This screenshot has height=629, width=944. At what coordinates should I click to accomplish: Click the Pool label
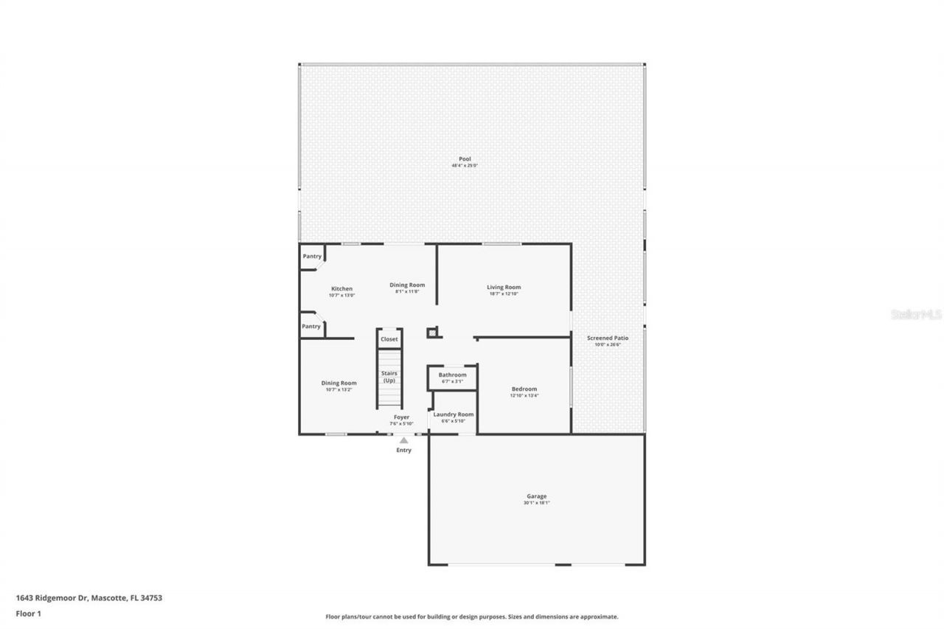465,159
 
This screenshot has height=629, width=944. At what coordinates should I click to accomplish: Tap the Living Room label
504,287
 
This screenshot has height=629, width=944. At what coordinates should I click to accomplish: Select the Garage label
536,496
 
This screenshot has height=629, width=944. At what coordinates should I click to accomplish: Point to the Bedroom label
524,389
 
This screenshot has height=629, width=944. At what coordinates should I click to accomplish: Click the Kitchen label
341,288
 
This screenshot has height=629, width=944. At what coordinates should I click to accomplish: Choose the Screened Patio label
608,338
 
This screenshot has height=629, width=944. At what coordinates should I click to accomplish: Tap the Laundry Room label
453,414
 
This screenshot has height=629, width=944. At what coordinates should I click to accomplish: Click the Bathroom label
452,375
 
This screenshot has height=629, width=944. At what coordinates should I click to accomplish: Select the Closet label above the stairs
389,339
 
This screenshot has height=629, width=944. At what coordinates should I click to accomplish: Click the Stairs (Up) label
389,377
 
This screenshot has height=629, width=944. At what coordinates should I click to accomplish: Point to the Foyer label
401,417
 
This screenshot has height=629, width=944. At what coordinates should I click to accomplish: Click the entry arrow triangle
403,440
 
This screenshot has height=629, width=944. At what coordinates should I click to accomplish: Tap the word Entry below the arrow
403,450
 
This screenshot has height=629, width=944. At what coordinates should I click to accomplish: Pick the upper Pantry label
312,257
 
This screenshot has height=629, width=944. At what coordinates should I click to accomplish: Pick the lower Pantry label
311,326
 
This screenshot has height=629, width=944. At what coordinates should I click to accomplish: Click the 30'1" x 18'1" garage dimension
536,503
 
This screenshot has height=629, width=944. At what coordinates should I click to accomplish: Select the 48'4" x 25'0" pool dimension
465,166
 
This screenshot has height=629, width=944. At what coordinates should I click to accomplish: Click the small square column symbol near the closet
431,333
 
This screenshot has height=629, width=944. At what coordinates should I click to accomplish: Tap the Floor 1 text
28,613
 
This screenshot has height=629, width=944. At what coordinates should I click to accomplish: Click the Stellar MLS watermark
916,314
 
